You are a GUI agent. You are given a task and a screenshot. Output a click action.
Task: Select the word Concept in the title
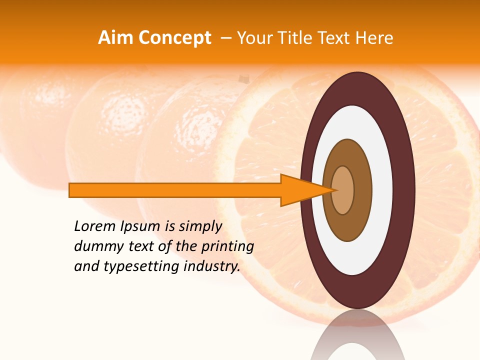175,38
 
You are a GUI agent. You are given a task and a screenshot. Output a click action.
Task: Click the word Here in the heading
374,38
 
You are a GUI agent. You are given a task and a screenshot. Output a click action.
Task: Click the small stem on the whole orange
243,79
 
